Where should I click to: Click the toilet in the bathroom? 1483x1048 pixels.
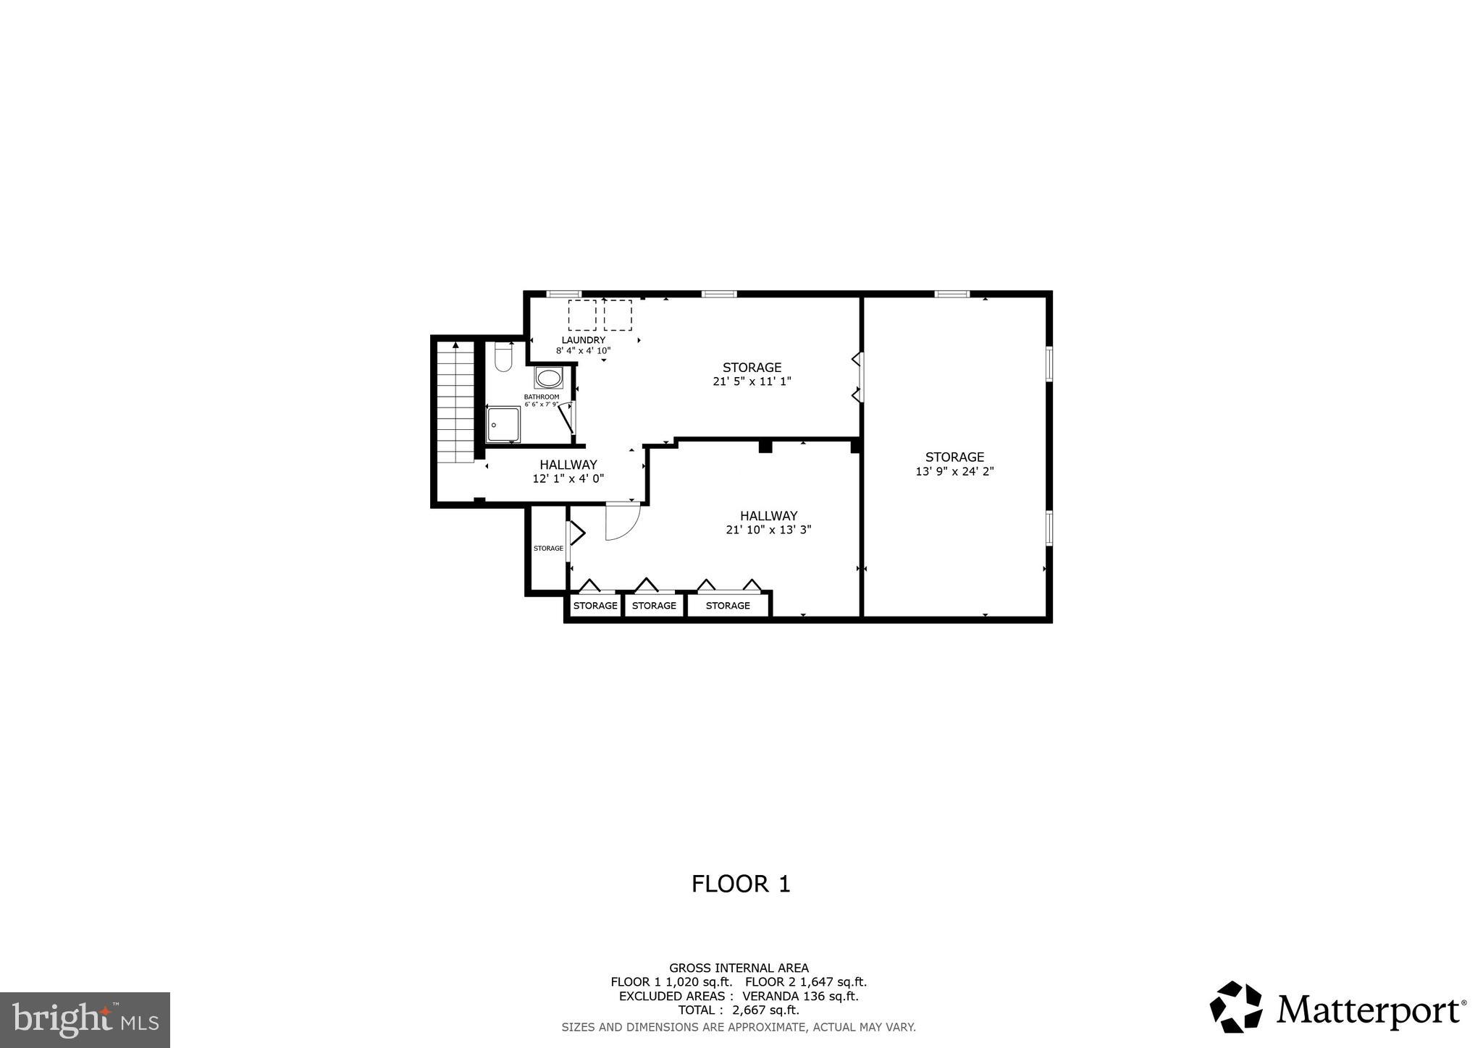[503, 357]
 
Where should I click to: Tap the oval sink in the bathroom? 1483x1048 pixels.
[548, 378]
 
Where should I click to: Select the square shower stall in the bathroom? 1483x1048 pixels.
[503, 424]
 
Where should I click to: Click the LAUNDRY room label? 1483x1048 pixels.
[583, 340]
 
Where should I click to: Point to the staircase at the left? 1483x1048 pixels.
[455, 403]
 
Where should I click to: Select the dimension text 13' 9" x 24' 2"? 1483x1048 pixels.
[954, 471]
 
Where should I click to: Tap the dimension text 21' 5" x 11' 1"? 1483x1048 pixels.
[752, 381]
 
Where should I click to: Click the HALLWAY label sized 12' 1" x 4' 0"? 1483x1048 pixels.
[568, 465]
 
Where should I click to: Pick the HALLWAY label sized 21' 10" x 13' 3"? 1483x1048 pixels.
[768, 516]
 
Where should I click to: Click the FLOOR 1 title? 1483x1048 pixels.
[741, 884]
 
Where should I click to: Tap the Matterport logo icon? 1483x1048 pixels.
[1235, 1007]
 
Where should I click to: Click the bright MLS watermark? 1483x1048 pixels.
[85, 1020]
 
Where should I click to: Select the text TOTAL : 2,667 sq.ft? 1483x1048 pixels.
[738, 1010]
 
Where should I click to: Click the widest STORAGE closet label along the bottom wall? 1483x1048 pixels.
[728, 606]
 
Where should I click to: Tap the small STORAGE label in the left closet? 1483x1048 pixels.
[548, 549]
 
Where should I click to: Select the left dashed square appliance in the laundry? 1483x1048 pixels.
[582, 316]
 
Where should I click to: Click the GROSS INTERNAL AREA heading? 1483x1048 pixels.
[739, 968]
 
